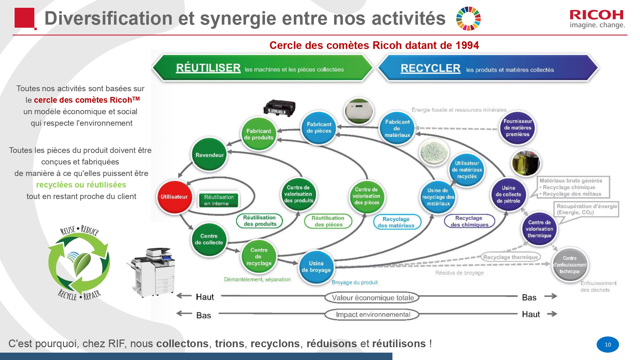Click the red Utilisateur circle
(x=174, y=197)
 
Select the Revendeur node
(x=210, y=155)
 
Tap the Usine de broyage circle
(x=316, y=267)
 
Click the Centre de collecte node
(x=209, y=239)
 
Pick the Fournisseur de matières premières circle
(x=517, y=128)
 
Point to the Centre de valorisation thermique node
(x=539, y=229)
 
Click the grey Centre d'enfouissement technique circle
(x=570, y=265)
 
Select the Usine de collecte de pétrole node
(x=508, y=194)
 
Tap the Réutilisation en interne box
(x=219, y=200)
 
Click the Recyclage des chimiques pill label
(x=469, y=221)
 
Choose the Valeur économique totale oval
(x=372, y=298)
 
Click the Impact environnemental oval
(x=372, y=315)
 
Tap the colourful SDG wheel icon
(x=468, y=19)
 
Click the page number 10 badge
(x=607, y=345)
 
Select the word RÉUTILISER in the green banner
(x=208, y=68)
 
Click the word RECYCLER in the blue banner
(x=430, y=68)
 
